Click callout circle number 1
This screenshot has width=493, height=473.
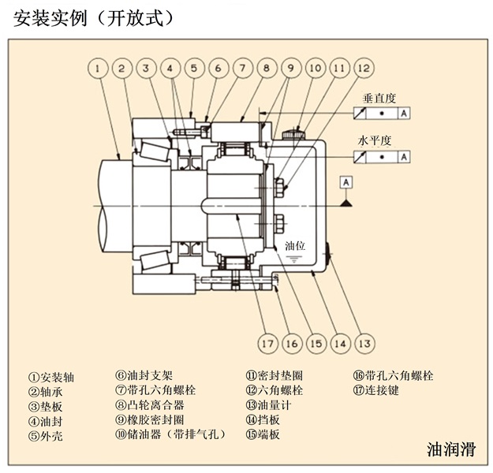(x=96, y=69)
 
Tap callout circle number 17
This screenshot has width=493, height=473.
(x=267, y=343)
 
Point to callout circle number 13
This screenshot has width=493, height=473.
(x=364, y=343)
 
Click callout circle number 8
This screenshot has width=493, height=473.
(x=266, y=69)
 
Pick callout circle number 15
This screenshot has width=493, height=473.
(x=316, y=343)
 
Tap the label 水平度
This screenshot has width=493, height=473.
(x=375, y=141)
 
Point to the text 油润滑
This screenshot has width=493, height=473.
(x=451, y=450)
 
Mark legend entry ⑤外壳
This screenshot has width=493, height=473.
(x=46, y=434)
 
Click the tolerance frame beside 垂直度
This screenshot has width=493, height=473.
(x=382, y=114)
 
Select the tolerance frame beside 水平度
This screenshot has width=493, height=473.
(x=382, y=156)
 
